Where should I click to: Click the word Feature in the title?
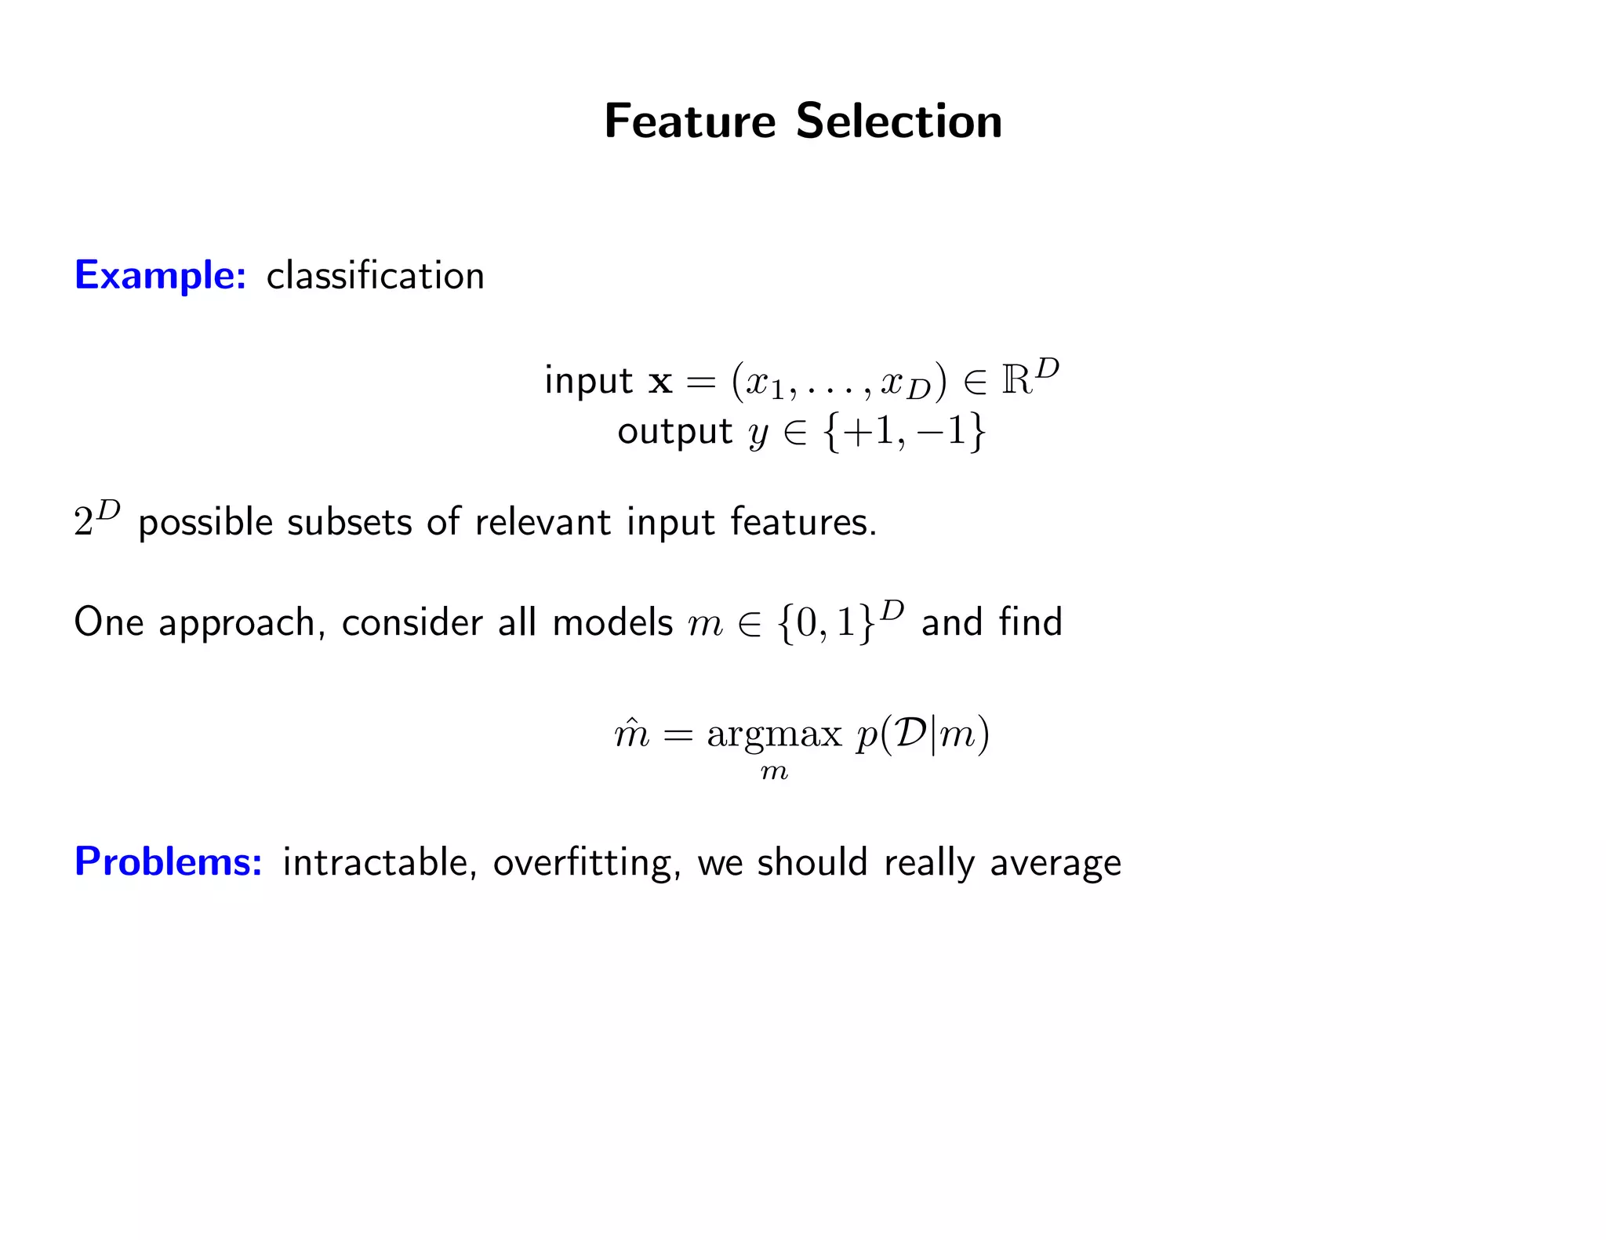[690, 121]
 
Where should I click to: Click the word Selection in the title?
[899, 121]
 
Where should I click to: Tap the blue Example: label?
[160, 275]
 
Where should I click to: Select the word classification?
[375, 276]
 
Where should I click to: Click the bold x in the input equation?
[660, 382]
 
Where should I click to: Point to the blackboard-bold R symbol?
[1017, 381]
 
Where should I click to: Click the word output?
[674, 432]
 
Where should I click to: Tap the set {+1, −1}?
[903, 431]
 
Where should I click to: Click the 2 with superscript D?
[96, 519]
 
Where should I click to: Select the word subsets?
[349, 522]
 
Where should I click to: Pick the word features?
[803, 522]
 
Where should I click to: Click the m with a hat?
[632, 734]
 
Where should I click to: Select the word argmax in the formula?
[774, 735]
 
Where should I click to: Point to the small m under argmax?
[774, 773]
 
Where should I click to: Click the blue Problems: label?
[168, 862]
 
